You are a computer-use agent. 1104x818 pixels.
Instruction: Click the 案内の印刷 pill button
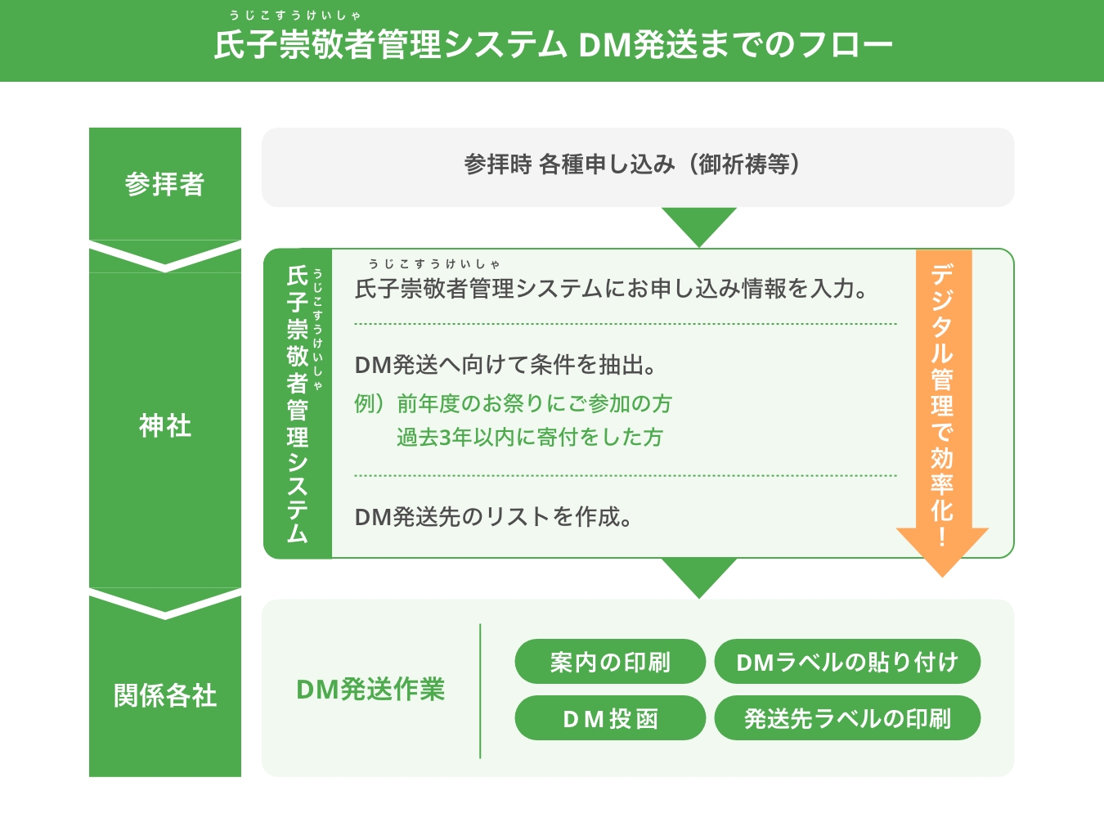coord(610,662)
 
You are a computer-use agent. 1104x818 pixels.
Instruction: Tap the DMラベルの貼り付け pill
coord(847,662)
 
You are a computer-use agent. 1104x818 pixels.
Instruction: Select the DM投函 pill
coord(610,718)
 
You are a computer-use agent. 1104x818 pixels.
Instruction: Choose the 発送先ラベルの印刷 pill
coord(847,718)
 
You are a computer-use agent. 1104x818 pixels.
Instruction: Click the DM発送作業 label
coord(370,690)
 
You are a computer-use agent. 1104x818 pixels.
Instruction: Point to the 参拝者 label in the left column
coord(164,184)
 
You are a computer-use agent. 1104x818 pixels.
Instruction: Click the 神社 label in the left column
coord(164,425)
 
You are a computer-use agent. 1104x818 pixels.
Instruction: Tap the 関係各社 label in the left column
coord(164,695)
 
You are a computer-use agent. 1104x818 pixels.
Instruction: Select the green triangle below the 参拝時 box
coord(699,223)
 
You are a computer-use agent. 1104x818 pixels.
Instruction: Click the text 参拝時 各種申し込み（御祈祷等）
coord(631,165)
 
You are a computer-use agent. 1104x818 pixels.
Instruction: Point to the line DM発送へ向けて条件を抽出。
coord(505,365)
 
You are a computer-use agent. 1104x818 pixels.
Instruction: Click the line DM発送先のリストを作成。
coord(493,517)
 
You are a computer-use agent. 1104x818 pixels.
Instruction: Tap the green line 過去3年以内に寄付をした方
coord(529,438)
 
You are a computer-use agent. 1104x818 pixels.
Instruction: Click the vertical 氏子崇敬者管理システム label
coord(297,403)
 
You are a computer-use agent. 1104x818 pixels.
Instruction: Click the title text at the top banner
coord(553,44)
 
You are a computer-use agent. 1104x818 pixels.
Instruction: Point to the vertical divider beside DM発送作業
coord(480,691)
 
